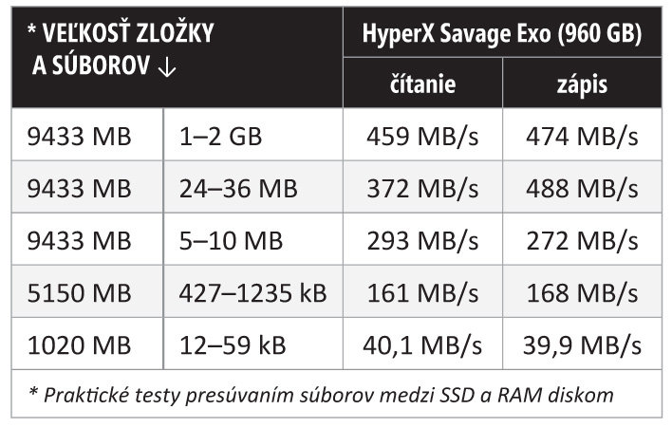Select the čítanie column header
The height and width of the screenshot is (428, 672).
pyautogui.click(x=422, y=84)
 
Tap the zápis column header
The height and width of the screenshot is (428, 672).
pyautogui.click(x=582, y=84)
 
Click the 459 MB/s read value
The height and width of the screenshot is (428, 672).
pyautogui.click(x=421, y=137)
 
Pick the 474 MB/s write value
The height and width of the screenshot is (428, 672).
pyautogui.click(x=582, y=137)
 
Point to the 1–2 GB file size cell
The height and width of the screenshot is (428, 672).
pyautogui.click(x=219, y=137)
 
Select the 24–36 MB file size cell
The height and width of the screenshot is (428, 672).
pyautogui.click(x=238, y=188)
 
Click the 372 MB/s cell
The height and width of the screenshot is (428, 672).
pyautogui.click(x=421, y=188)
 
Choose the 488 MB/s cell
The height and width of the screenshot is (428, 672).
pyautogui.click(x=582, y=188)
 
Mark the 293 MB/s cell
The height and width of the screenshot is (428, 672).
pyautogui.click(x=421, y=239)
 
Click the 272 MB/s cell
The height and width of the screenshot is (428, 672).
pyautogui.click(x=582, y=239)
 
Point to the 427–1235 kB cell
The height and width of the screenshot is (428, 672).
pyautogui.click(x=252, y=291)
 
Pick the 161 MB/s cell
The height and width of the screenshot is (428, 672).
pyautogui.click(x=421, y=291)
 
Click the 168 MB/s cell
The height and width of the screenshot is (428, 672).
pyautogui.click(x=582, y=291)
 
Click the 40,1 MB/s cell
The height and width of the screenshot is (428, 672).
pyautogui.click(x=421, y=343)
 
